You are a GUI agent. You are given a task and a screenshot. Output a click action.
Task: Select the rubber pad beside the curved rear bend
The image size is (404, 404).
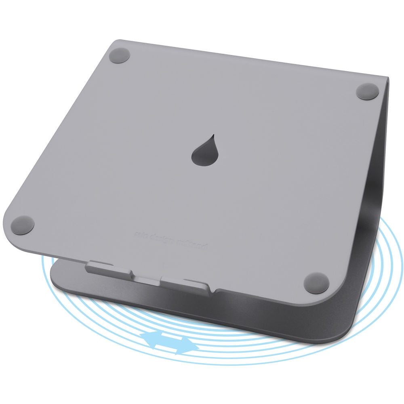point(368,91)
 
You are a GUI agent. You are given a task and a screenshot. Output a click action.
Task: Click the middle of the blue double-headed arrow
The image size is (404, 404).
point(169,341)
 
